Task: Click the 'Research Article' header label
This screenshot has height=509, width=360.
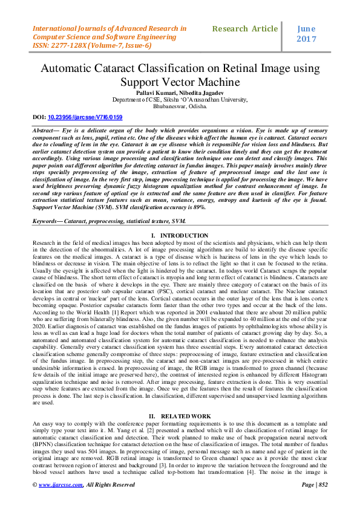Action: (244, 28)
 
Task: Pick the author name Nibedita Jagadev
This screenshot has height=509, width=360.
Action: (203, 91)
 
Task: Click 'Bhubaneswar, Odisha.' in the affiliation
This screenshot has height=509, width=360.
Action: (180, 105)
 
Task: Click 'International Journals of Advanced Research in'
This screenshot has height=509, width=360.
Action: (110, 28)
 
